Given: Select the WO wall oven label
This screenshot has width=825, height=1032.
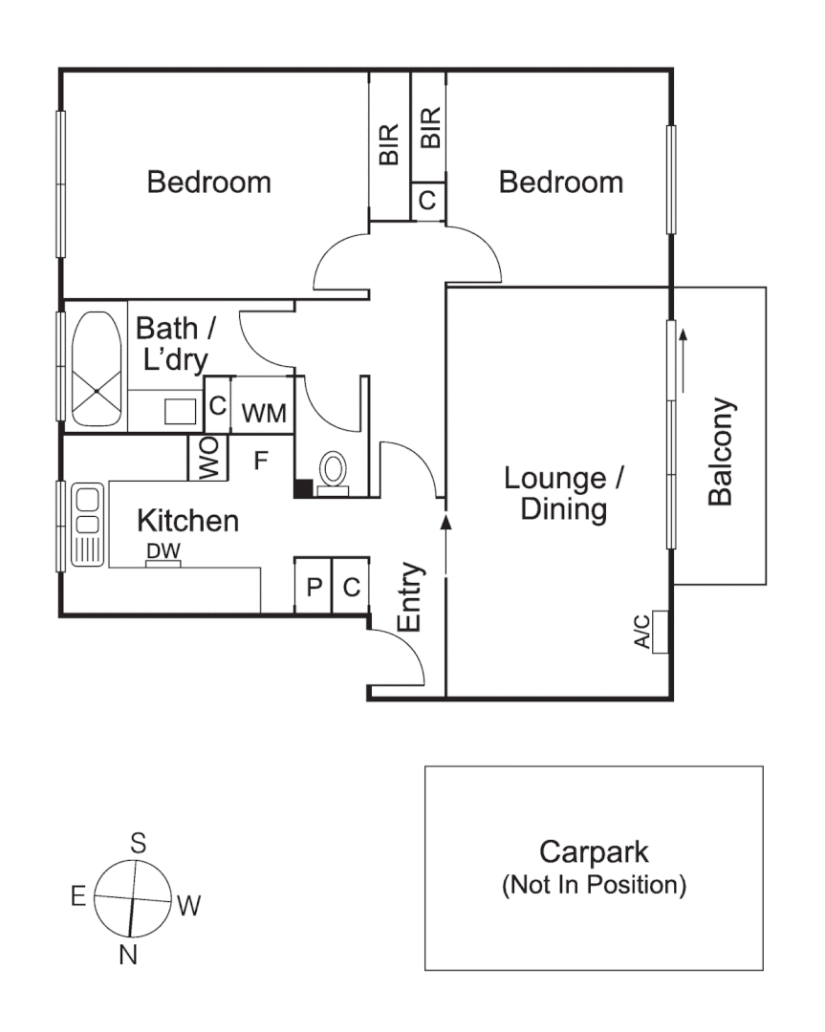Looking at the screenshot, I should [x=208, y=459].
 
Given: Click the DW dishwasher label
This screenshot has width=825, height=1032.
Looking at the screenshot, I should [x=163, y=551].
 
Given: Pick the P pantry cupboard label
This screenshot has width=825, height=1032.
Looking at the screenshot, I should [x=313, y=587].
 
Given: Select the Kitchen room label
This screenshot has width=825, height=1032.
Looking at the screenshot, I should [x=187, y=521].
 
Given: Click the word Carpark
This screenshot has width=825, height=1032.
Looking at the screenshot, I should [x=594, y=851].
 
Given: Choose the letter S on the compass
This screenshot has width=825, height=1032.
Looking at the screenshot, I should [x=139, y=843].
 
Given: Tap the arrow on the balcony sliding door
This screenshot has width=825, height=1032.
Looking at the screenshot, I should [x=684, y=358].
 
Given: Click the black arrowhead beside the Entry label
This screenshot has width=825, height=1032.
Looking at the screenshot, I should [x=445, y=521].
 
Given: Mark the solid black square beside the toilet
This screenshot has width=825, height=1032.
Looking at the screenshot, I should [x=302, y=488].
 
